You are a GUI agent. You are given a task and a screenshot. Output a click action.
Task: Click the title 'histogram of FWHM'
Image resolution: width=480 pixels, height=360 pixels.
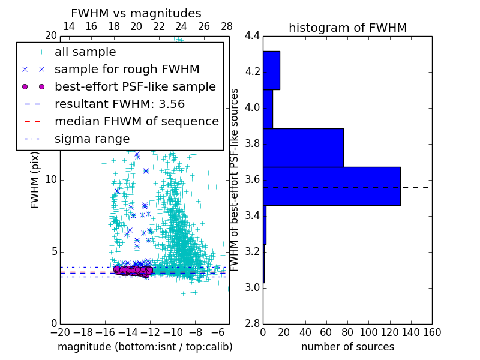pyautogui.click(x=347, y=28)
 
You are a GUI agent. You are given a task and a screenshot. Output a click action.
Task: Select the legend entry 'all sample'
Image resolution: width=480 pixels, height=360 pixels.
pyautogui.click(x=85, y=52)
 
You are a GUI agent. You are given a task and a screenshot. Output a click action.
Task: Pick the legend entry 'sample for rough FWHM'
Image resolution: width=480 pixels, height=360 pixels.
pyautogui.click(x=127, y=69)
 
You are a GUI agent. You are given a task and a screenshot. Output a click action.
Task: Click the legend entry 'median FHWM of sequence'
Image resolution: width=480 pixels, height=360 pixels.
pyautogui.click(x=136, y=121)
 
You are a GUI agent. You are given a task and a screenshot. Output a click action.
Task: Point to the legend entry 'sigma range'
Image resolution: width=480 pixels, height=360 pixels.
pyautogui.click(x=92, y=139)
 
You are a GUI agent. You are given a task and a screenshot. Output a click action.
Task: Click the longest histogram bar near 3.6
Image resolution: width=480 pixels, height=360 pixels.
pyautogui.click(x=331, y=186)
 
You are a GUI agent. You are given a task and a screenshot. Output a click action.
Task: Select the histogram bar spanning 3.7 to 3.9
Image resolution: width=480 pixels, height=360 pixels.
pyautogui.click(x=303, y=148)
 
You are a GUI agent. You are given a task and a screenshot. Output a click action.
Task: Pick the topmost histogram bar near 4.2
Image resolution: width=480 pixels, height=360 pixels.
pyautogui.click(x=271, y=70)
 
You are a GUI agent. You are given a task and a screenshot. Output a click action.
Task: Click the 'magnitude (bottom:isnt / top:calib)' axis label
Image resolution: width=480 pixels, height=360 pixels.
pyautogui.click(x=145, y=347)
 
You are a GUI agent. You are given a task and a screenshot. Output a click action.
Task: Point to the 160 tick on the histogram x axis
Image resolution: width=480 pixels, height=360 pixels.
pyautogui.click(x=432, y=332)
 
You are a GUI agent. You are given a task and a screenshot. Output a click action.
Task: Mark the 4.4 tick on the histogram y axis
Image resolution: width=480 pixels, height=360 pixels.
pyautogui.click(x=252, y=36)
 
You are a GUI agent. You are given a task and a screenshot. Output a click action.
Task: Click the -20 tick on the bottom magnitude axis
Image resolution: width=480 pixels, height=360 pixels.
pyautogui.click(x=60, y=332)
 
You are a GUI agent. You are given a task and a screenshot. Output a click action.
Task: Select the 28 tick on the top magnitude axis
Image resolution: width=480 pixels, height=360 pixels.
pyautogui.click(x=227, y=26)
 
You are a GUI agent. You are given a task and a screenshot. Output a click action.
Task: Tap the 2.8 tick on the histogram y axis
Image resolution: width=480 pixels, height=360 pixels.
pyautogui.click(x=252, y=323)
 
